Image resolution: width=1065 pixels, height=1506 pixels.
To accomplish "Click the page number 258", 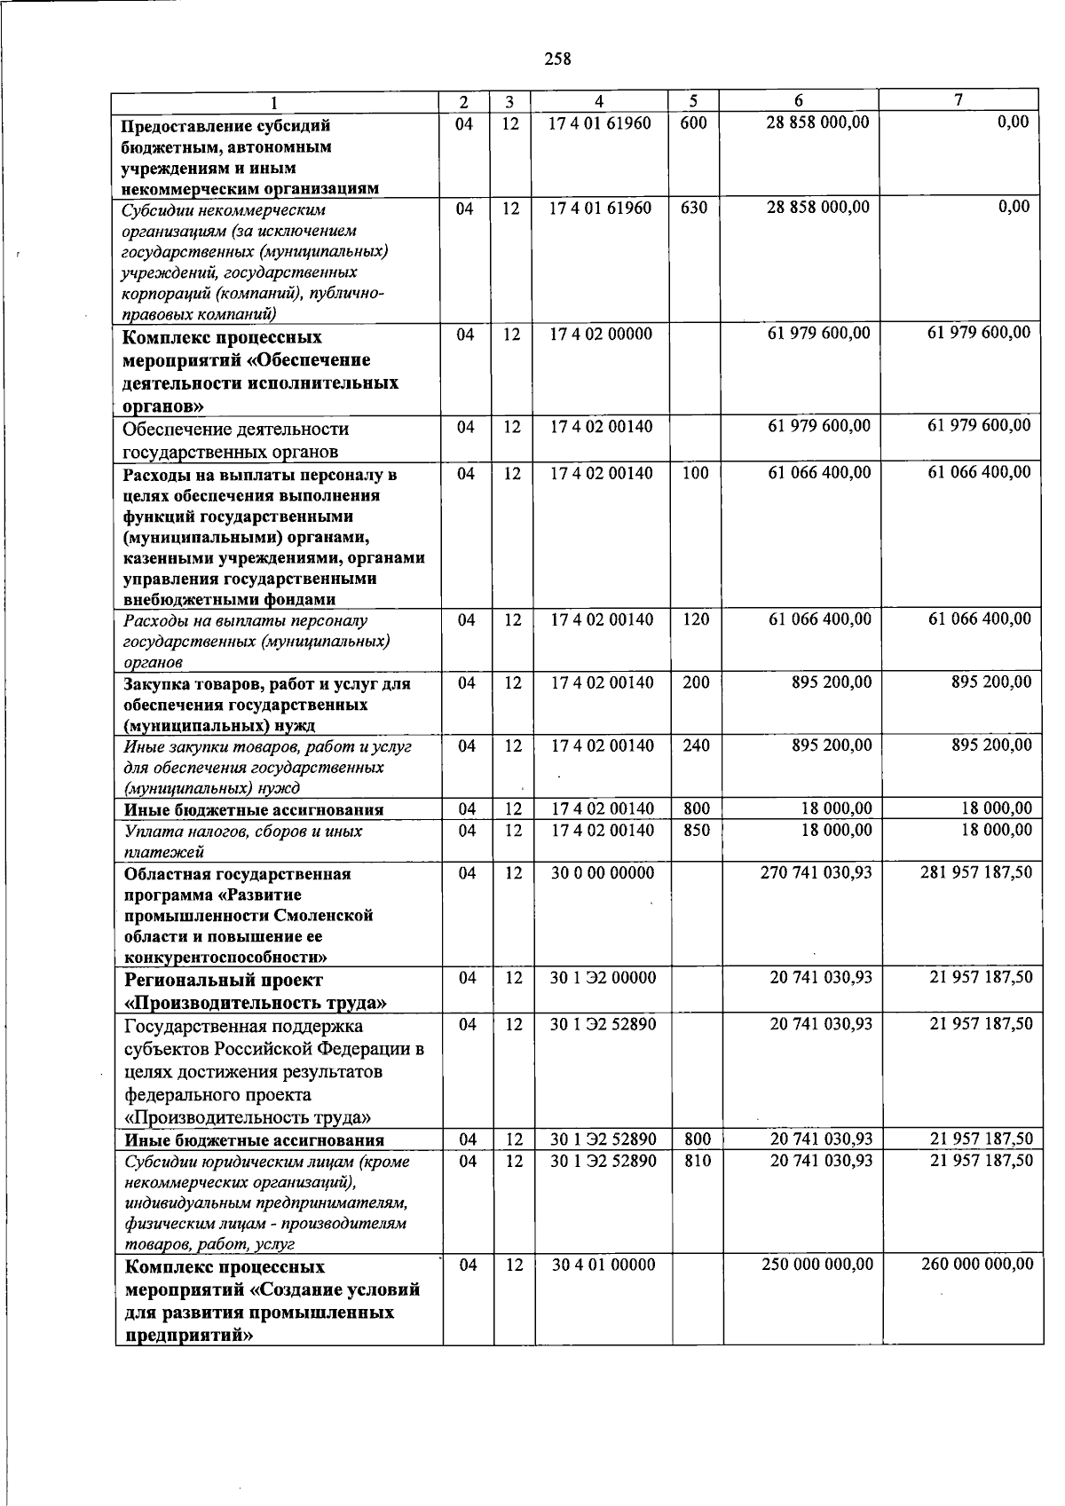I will (558, 59).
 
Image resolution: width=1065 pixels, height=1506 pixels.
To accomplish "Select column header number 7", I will (958, 100).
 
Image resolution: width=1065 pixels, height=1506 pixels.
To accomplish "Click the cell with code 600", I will (693, 123).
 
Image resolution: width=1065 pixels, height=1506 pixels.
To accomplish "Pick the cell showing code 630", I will (693, 209).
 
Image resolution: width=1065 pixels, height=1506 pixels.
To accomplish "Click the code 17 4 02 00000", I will (601, 335).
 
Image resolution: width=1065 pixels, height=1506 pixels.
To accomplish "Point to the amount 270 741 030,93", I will (816, 873).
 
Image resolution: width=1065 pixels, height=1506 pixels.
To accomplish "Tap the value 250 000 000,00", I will (817, 1265).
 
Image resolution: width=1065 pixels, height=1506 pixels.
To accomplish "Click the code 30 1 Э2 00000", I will (603, 978).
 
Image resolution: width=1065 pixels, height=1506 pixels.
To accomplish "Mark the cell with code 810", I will (698, 1161).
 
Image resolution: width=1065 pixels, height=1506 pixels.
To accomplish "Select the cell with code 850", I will (697, 831).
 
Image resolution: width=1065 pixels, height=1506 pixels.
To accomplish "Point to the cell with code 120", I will (696, 619).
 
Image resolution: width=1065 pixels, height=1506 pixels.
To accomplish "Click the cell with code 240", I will (697, 746).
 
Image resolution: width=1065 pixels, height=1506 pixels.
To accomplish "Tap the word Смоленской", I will (324, 916).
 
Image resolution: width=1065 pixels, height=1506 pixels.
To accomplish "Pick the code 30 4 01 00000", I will (603, 1266).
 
